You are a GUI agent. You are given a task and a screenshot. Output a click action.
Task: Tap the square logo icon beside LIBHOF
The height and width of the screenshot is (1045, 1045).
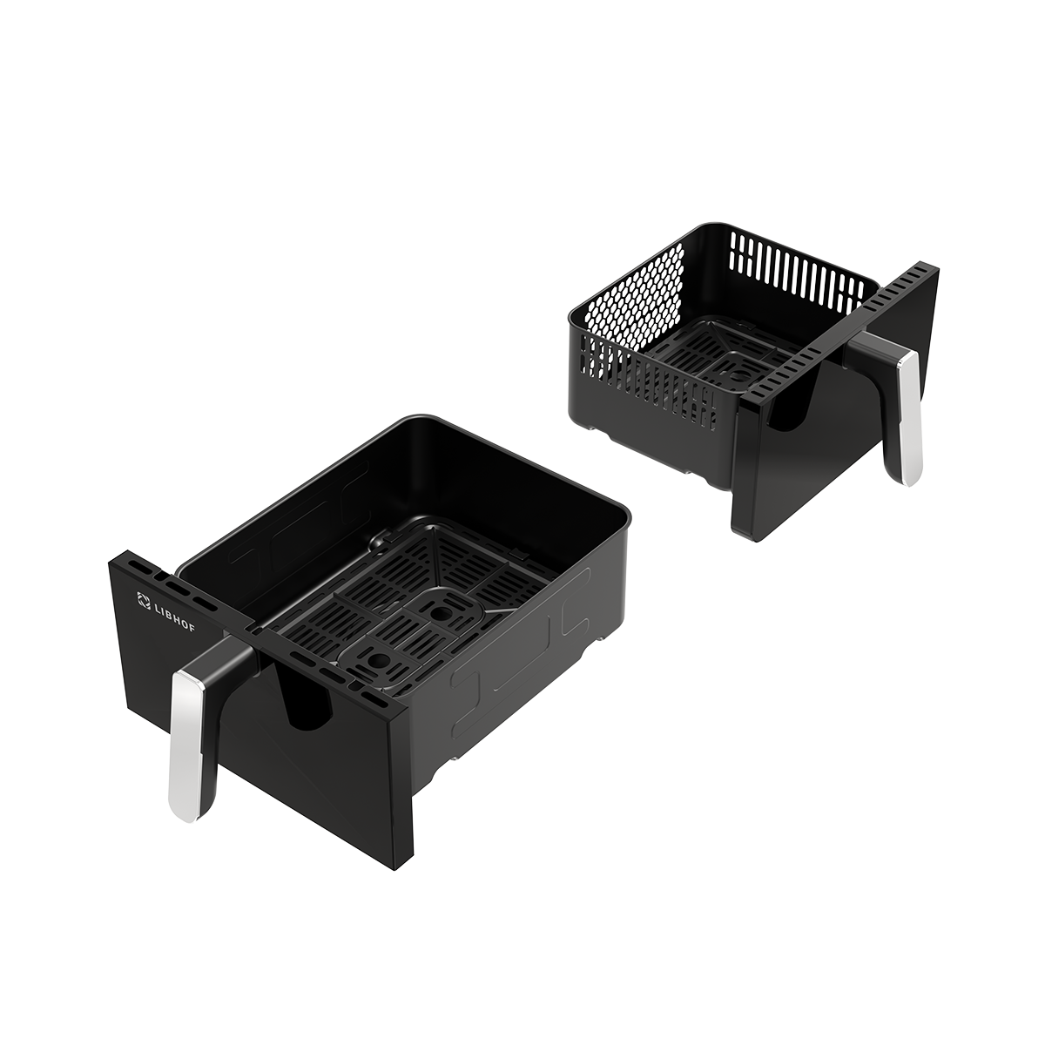coord(143,600)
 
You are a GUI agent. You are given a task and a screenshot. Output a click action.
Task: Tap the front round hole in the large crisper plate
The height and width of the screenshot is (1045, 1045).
coord(376,660)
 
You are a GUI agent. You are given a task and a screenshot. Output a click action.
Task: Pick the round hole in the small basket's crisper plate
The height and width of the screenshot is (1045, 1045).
coord(738,376)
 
